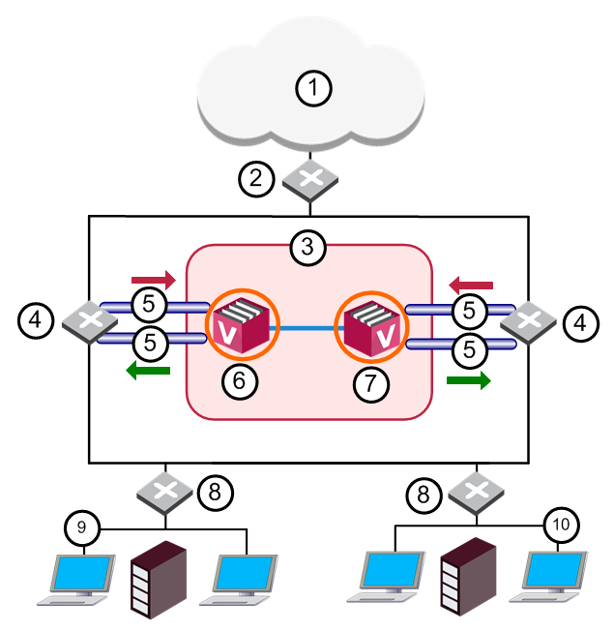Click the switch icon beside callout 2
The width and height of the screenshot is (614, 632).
coord(310,179)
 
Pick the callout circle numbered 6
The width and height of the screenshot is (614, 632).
coord(239,381)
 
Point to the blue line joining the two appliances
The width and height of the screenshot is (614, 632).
coord(306,330)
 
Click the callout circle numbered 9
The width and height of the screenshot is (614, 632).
coord(83,527)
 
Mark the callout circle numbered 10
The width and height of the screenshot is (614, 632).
coord(562,525)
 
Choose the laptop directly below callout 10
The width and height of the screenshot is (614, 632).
coord(554,579)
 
